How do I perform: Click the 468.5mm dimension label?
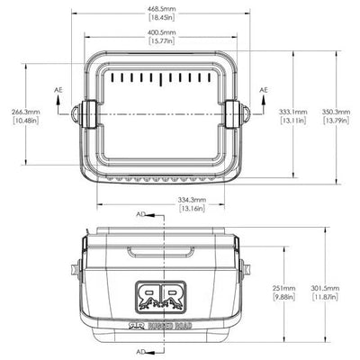(161, 9)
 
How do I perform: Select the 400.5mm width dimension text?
(162, 32)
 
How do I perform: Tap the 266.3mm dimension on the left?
(26, 112)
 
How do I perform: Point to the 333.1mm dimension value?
(293, 112)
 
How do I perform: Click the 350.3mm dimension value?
(336, 112)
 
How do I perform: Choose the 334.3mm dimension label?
(192, 200)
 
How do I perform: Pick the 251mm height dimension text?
(283, 288)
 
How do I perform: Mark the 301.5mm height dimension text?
(326, 288)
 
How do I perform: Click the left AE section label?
(58, 90)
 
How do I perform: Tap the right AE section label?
(264, 90)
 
